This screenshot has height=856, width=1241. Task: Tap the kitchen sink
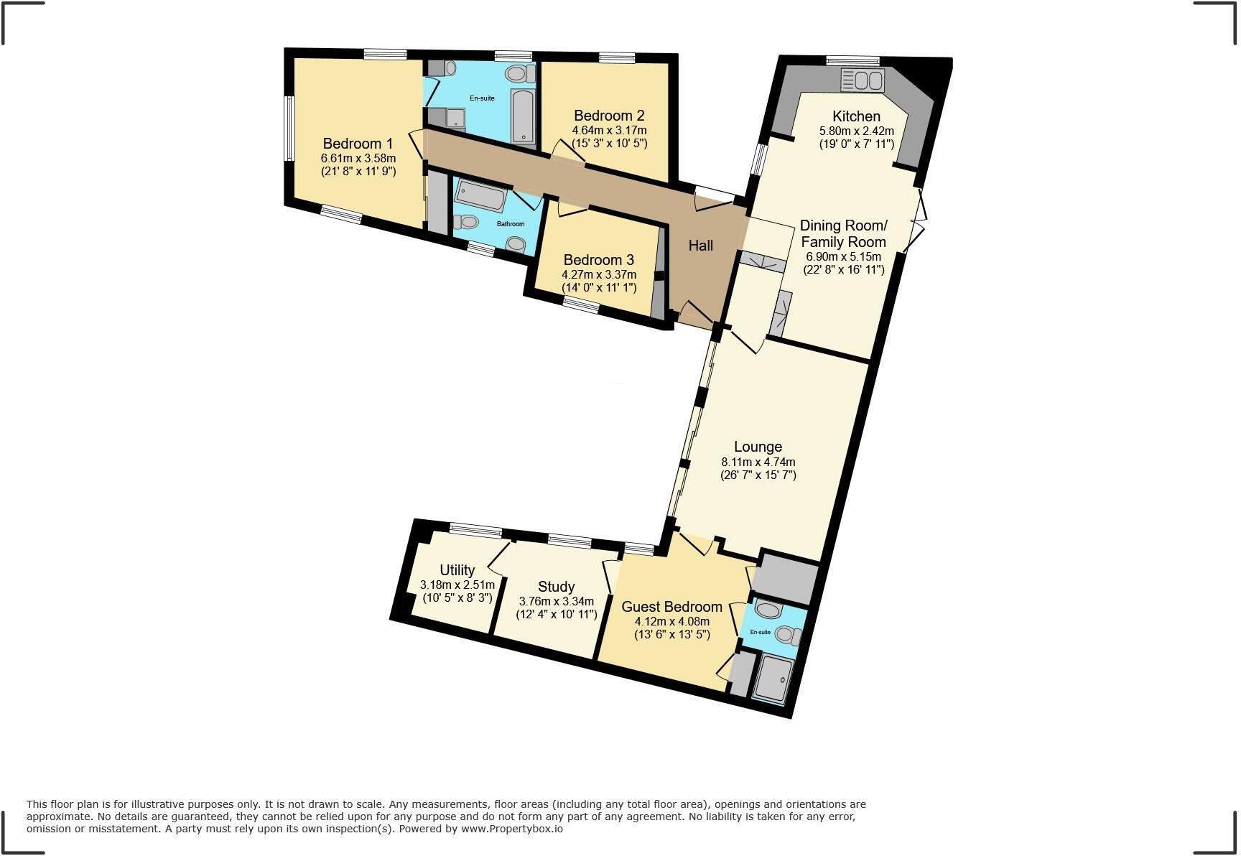863,80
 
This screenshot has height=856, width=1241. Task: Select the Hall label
700,246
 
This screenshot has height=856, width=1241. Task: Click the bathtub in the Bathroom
483,195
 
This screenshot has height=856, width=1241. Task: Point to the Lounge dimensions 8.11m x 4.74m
758,462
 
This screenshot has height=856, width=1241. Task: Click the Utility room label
457,569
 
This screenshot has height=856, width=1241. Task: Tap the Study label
556,586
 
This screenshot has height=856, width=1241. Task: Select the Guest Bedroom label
671,606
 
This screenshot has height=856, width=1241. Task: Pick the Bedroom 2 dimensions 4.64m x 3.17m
609,131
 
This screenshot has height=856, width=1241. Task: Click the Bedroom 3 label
598,260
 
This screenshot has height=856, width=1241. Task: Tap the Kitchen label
856,116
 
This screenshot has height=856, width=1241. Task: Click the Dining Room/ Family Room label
843,233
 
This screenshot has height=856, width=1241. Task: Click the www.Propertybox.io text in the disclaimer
511,829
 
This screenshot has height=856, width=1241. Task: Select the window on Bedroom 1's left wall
289,129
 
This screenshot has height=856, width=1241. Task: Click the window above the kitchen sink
852,60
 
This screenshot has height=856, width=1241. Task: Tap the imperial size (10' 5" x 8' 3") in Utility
457,597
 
